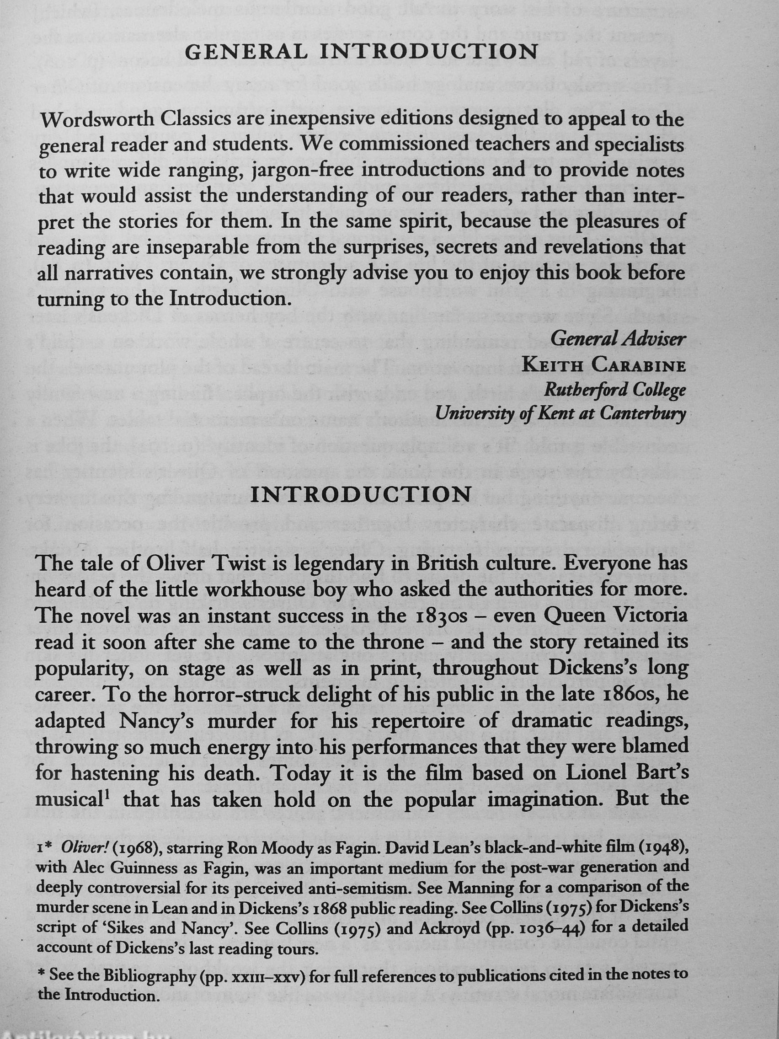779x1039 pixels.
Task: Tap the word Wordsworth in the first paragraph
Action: pyautogui.click(x=96, y=121)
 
